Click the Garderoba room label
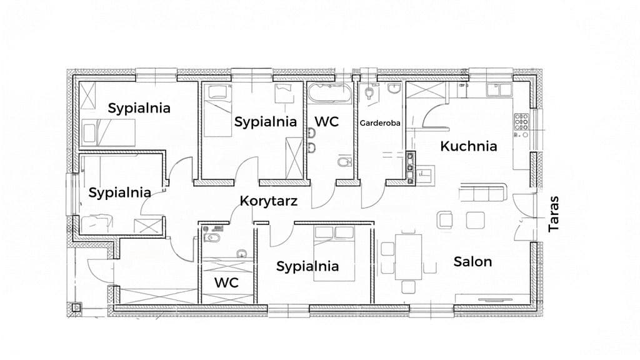[379, 123]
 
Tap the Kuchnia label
[469, 146]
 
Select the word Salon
[472, 262]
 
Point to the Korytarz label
[269, 201]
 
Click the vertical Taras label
[554, 214]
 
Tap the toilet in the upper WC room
[345, 162]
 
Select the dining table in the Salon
[408, 257]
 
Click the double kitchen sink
[499, 90]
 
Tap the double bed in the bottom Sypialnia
[334, 254]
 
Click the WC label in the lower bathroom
[226, 282]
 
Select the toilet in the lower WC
[212, 238]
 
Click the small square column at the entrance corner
[76, 307]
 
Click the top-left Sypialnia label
[139, 108]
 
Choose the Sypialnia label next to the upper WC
[265, 122]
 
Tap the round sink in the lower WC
[242, 254]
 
